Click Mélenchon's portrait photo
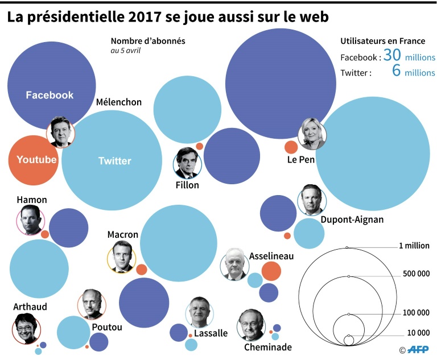click(x=60, y=132)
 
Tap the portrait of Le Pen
click(x=312, y=134)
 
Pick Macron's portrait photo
click(x=121, y=258)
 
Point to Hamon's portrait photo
click(x=31, y=220)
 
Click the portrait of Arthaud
click(x=26, y=329)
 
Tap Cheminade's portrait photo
click(x=251, y=324)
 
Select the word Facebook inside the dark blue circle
click(x=50, y=95)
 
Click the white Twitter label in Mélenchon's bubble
click(x=114, y=161)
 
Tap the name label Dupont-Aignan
click(x=352, y=220)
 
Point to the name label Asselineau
click(x=271, y=256)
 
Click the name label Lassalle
click(x=211, y=333)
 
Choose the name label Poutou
click(x=106, y=327)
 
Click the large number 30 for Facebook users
click(x=393, y=56)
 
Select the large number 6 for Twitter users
click(x=397, y=71)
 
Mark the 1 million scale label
click(x=414, y=246)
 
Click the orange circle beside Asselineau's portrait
click(x=271, y=271)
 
